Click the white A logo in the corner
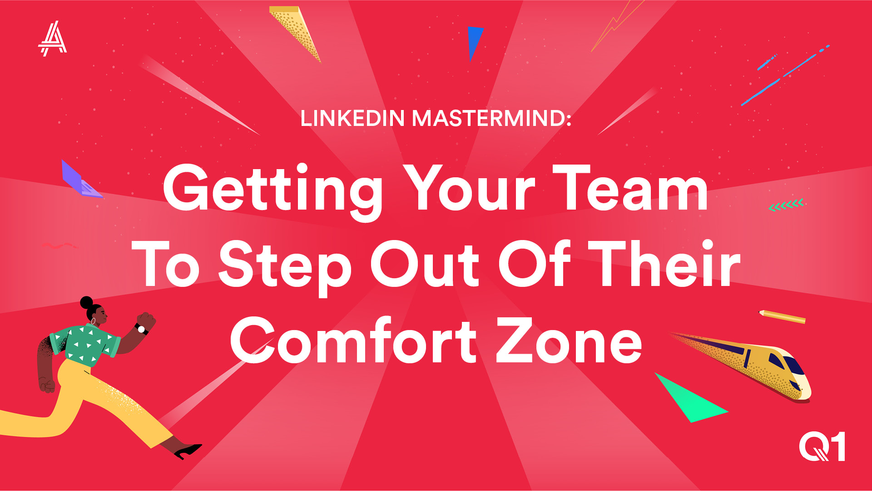point(53,39)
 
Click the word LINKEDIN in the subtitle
point(352,118)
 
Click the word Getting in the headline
point(273,191)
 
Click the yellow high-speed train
point(745,366)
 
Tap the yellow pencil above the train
point(782,316)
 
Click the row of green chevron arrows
point(786,205)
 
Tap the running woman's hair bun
point(86,302)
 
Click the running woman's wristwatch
point(141,329)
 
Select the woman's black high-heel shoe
point(188,451)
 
